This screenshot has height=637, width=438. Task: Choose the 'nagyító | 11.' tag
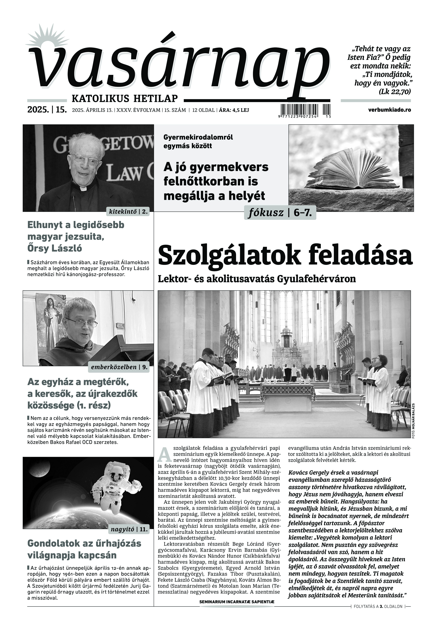129,529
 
